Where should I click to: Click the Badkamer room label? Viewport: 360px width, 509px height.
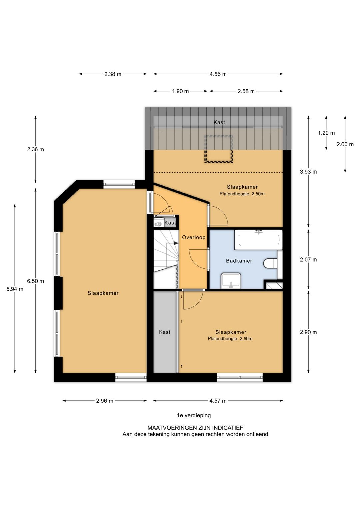[239, 261]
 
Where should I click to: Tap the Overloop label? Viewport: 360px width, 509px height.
[194, 237]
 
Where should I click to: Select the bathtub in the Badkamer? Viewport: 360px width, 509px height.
[258, 240]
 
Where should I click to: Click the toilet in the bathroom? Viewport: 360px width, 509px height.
[271, 264]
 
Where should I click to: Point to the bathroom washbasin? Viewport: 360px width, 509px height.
[231, 281]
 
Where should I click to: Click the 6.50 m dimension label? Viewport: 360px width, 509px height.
[35, 281]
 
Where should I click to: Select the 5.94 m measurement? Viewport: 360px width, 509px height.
[15, 289]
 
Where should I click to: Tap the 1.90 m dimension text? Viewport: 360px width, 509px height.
[180, 91]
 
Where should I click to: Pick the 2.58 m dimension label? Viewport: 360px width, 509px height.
[246, 91]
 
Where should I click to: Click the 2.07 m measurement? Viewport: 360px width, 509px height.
[308, 260]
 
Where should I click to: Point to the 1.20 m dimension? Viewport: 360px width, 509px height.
[326, 133]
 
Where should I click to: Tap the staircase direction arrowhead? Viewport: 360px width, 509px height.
[176, 243]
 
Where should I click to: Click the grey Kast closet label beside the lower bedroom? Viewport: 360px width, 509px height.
[165, 332]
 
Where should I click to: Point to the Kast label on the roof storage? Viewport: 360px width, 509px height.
[219, 122]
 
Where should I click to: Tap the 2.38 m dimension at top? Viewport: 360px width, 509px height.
[113, 74]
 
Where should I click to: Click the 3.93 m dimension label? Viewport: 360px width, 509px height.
[308, 172]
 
